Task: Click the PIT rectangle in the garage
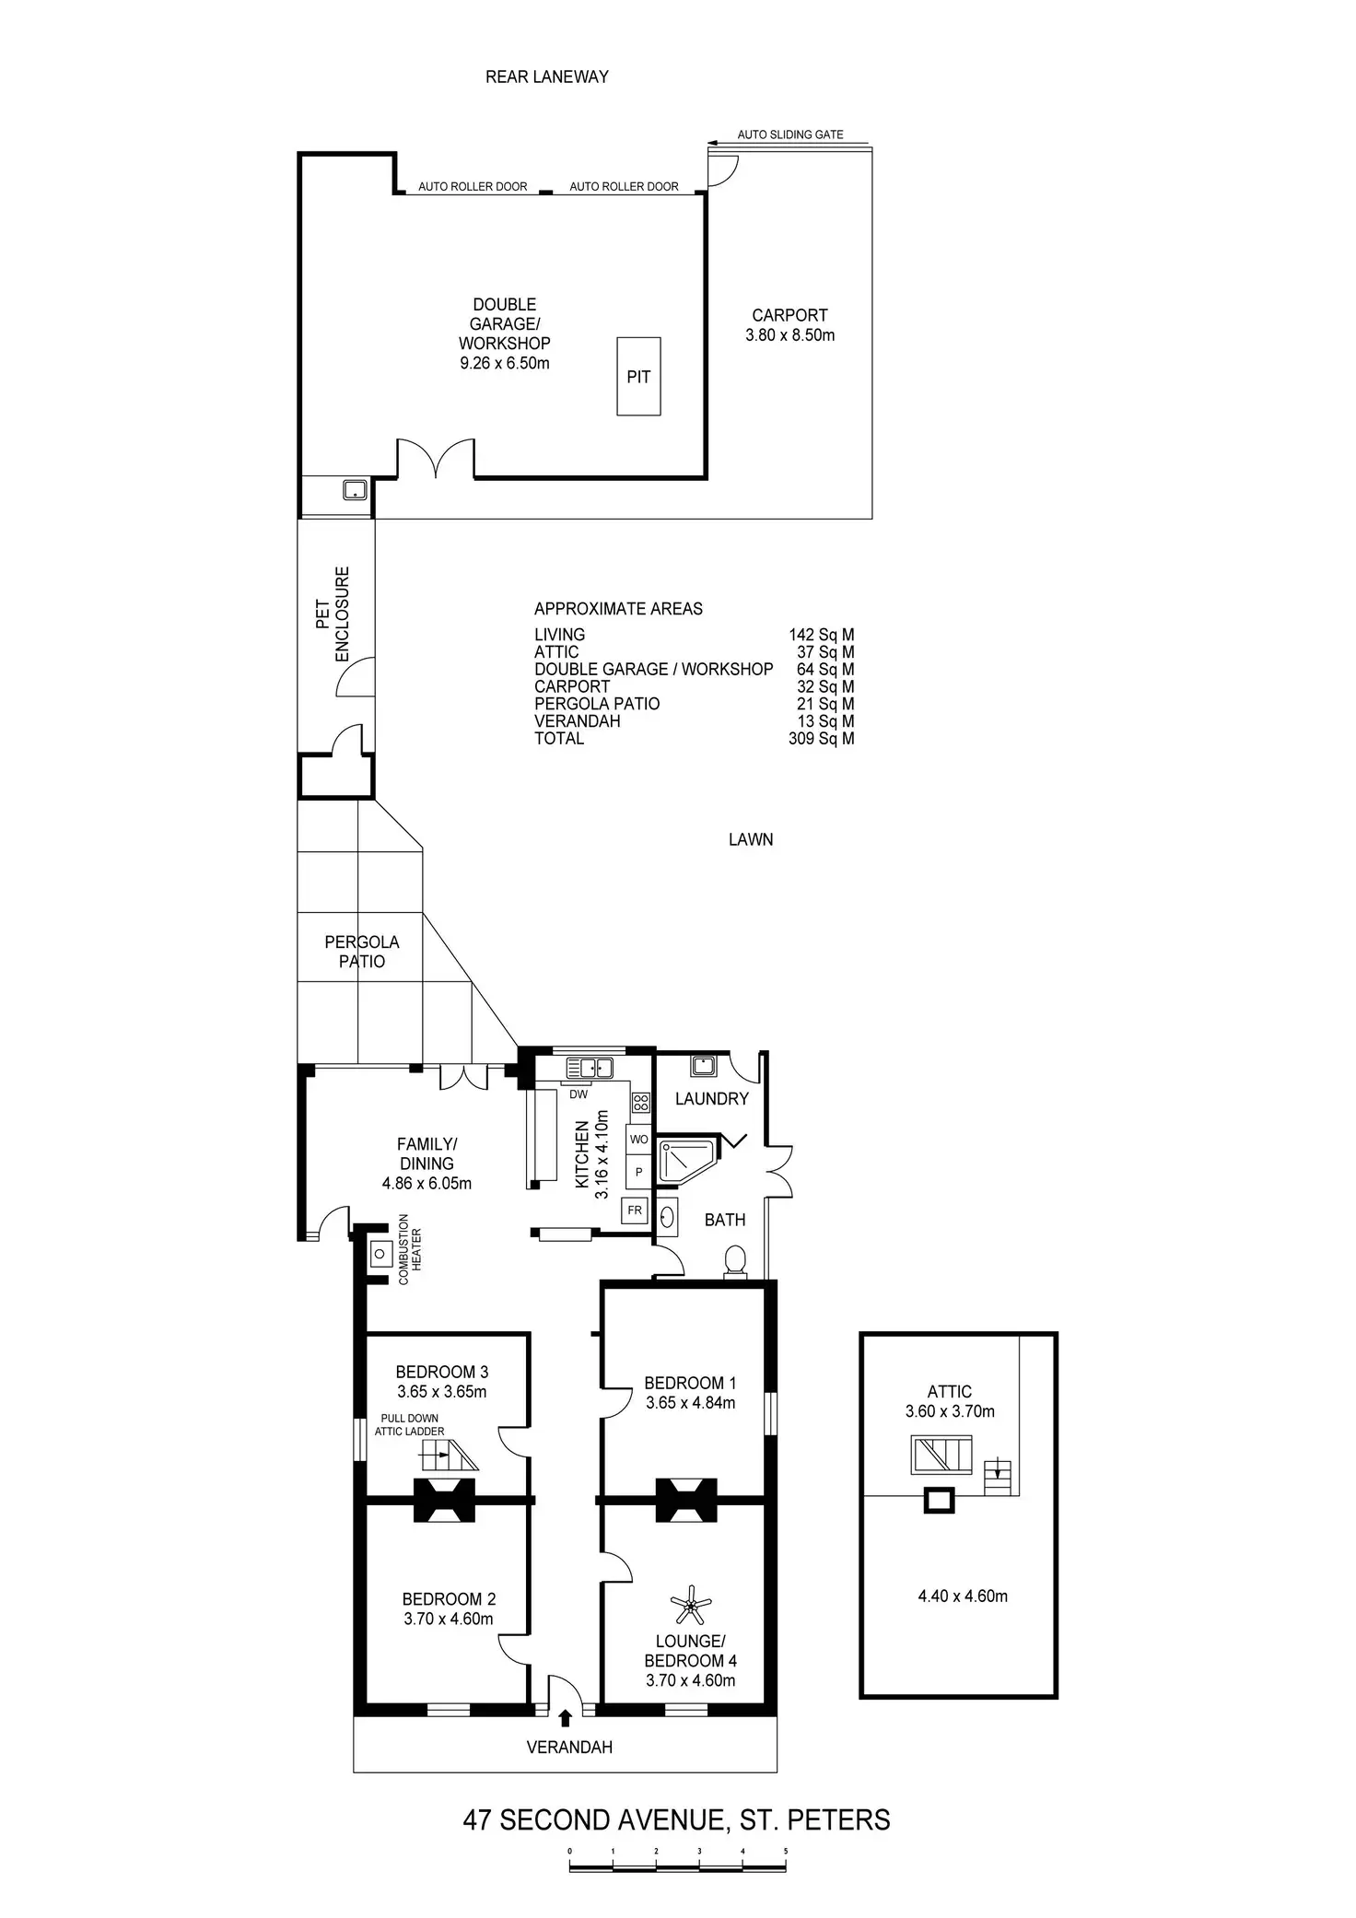(x=638, y=376)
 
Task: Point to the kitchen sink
(x=590, y=1068)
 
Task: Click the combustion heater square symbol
(x=380, y=1254)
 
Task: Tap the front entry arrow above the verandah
(x=565, y=1716)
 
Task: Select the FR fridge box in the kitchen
(x=635, y=1210)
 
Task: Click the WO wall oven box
(x=638, y=1139)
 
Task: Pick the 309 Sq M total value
(x=821, y=738)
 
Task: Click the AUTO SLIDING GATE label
(x=789, y=134)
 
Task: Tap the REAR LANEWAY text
(x=546, y=76)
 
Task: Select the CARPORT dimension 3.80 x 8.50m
(x=789, y=335)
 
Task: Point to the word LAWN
(x=750, y=839)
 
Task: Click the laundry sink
(x=703, y=1065)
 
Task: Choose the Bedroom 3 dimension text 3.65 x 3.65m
(x=441, y=1391)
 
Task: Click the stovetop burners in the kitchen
(x=641, y=1101)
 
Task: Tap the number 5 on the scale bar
(x=786, y=1850)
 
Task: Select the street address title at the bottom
(x=676, y=1819)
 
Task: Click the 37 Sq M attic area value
(x=824, y=651)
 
